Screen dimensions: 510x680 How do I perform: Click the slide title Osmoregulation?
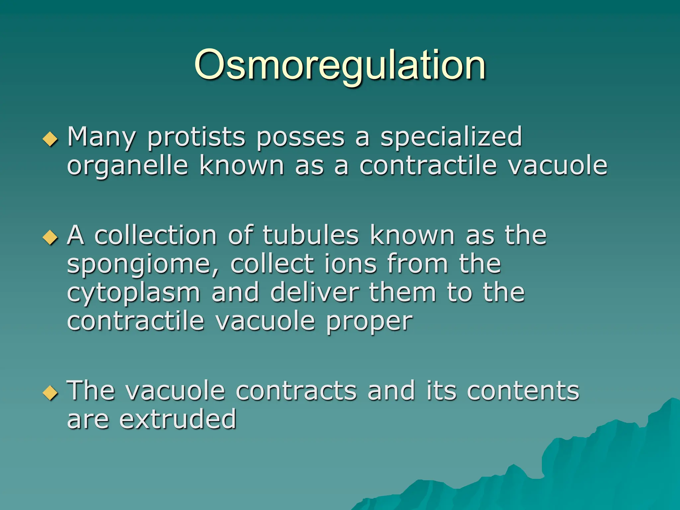click(x=340, y=65)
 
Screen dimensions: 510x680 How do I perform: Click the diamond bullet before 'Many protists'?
click(x=50, y=139)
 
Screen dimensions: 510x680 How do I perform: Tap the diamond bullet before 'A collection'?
click(x=50, y=237)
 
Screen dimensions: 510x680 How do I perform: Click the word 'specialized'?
click(x=451, y=137)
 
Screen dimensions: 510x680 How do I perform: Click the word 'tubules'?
click(x=311, y=235)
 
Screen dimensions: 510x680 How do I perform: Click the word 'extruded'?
click(x=178, y=419)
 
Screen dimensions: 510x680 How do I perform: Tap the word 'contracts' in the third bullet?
click(x=296, y=391)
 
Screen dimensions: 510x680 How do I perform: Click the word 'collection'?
click(x=156, y=235)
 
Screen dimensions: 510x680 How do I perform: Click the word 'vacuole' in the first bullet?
click(x=558, y=166)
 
